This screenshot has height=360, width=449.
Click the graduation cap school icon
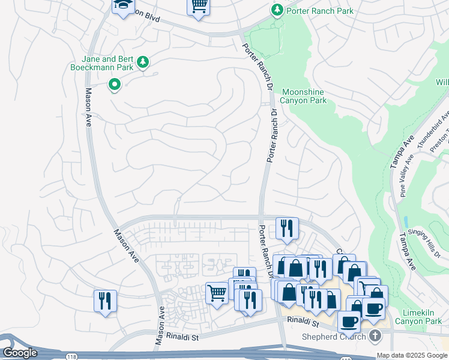pos(124,6)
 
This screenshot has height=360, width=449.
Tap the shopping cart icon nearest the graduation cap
pos(198,6)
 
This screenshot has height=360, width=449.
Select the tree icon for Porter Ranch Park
pos(277,10)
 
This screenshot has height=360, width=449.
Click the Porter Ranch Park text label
pos(319,10)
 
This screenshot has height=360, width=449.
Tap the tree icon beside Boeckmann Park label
pos(143,62)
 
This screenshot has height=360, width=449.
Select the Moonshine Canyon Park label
pos(304,96)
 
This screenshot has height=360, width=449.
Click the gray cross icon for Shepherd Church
pos(375,335)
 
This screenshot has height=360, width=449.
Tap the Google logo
pos(20,353)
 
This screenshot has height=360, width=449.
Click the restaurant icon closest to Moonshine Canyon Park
pos(287,228)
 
